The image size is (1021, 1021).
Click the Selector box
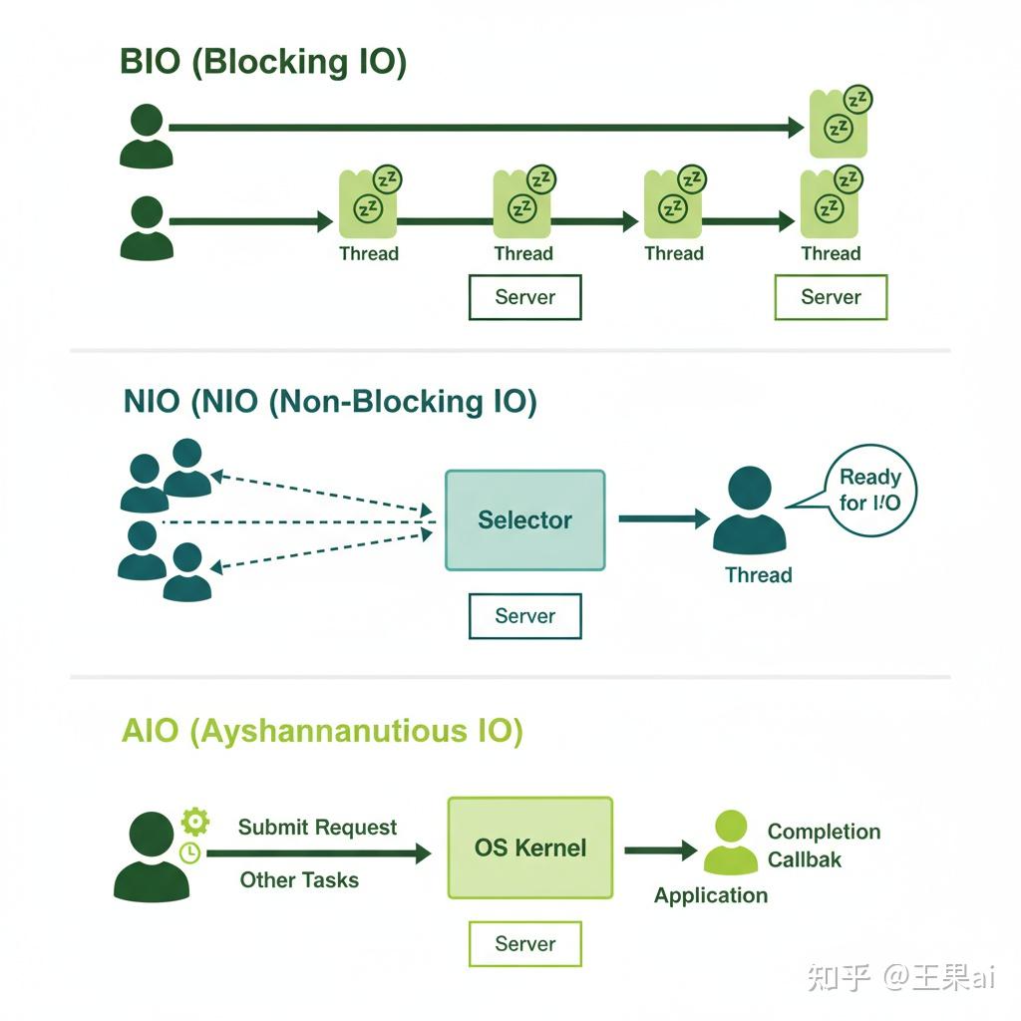(x=524, y=519)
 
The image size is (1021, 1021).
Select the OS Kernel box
(x=529, y=848)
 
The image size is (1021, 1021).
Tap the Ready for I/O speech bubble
(x=869, y=490)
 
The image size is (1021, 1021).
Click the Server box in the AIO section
(x=524, y=943)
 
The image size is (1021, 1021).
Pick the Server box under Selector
(x=524, y=616)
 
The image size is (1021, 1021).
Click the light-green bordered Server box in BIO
(x=831, y=297)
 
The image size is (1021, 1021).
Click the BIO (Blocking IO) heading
(x=263, y=62)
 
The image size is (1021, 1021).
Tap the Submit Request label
(x=317, y=828)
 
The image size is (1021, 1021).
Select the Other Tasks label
(x=299, y=879)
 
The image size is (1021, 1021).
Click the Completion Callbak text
(x=823, y=845)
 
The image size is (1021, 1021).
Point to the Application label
(x=710, y=895)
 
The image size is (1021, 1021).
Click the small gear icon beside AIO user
(x=195, y=822)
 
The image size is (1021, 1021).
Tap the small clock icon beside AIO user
(x=189, y=852)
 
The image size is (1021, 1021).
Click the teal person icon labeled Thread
(x=749, y=510)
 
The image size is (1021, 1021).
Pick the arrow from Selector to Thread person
(x=663, y=518)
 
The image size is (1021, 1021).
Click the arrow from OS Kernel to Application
(x=660, y=850)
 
